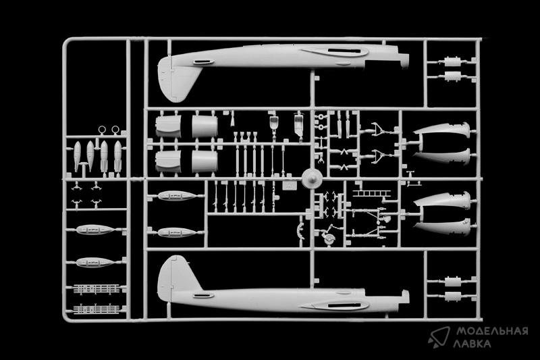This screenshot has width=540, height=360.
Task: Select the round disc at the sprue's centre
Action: pyautogui.click(x=312, y=180)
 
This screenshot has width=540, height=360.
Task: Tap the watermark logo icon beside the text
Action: pyautogui.click(x=439, y=336)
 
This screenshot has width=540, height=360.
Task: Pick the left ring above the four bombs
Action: pyautogui.click(x=102, y=130)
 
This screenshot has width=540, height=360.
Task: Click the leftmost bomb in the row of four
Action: pyautogui.click(x=77, y=156)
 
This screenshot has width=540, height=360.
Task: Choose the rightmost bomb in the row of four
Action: pyautogui.click(x=118, y=156)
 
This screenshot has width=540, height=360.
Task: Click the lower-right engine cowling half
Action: pyautogui.click(x=204, y=161)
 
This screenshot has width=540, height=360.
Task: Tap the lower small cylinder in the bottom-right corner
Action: pyautogui.click(x=452, y=295)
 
